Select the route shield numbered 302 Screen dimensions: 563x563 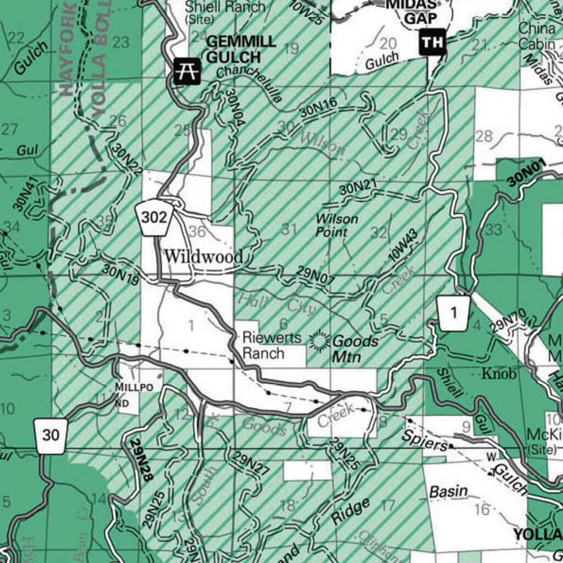coord(154,218)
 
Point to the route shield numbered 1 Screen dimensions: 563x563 coord(454,313)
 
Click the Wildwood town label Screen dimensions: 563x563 coord(203,256)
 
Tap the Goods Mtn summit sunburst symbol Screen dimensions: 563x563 coord(318,341)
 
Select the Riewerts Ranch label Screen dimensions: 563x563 coord(264,345)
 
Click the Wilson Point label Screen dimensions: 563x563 coord(336,225)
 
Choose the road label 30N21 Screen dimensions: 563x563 coord(357,188)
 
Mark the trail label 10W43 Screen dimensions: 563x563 coord(404,245)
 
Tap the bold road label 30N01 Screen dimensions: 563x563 coord(526,172)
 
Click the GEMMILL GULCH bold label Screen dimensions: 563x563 coord(233,48)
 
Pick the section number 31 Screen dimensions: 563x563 coord(289,229)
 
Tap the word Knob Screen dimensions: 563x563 coord(499,374)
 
